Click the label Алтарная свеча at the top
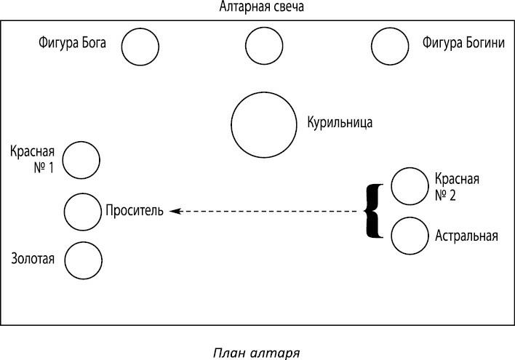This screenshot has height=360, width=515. tap(261, 8)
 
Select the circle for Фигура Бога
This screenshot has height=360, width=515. tap(140, 47)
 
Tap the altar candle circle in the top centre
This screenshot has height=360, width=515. tap(264, 47)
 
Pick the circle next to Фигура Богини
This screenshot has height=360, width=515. tap(390, 47)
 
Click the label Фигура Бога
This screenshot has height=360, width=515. tap(73, 43)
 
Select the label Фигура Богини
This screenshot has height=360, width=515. tap(463, 43)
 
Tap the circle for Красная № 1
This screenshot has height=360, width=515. tap(81, 160)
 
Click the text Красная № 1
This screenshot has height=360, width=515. tap(33, 161)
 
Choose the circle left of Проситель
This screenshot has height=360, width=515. tap(82, 212)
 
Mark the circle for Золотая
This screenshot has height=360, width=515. tap(82, 259)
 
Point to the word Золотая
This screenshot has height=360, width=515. tap(33, 257)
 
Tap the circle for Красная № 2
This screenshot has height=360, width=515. tap(409, 185)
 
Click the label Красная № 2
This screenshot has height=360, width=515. tap(456, 186)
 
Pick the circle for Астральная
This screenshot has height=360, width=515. tap(409, 236)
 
